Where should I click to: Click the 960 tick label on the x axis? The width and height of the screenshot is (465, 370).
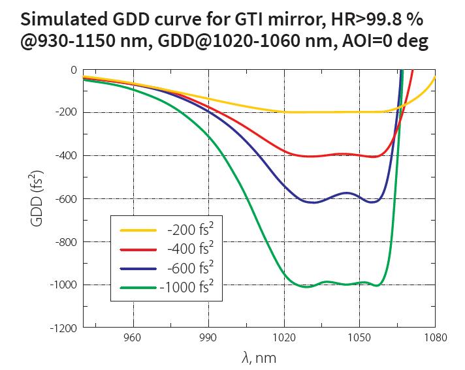[x=133, y=339]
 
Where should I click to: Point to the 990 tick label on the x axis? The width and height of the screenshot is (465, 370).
[x=208, y=339]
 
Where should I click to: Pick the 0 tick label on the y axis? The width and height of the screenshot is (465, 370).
[x=73, y=69]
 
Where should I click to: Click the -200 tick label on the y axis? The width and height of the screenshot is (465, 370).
[x=67, y=112]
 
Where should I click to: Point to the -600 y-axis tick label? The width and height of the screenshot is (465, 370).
[x=67, y=198]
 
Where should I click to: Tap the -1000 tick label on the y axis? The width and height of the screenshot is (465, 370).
[x=65, y=285]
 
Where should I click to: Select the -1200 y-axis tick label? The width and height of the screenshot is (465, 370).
[x=65, y=327]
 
